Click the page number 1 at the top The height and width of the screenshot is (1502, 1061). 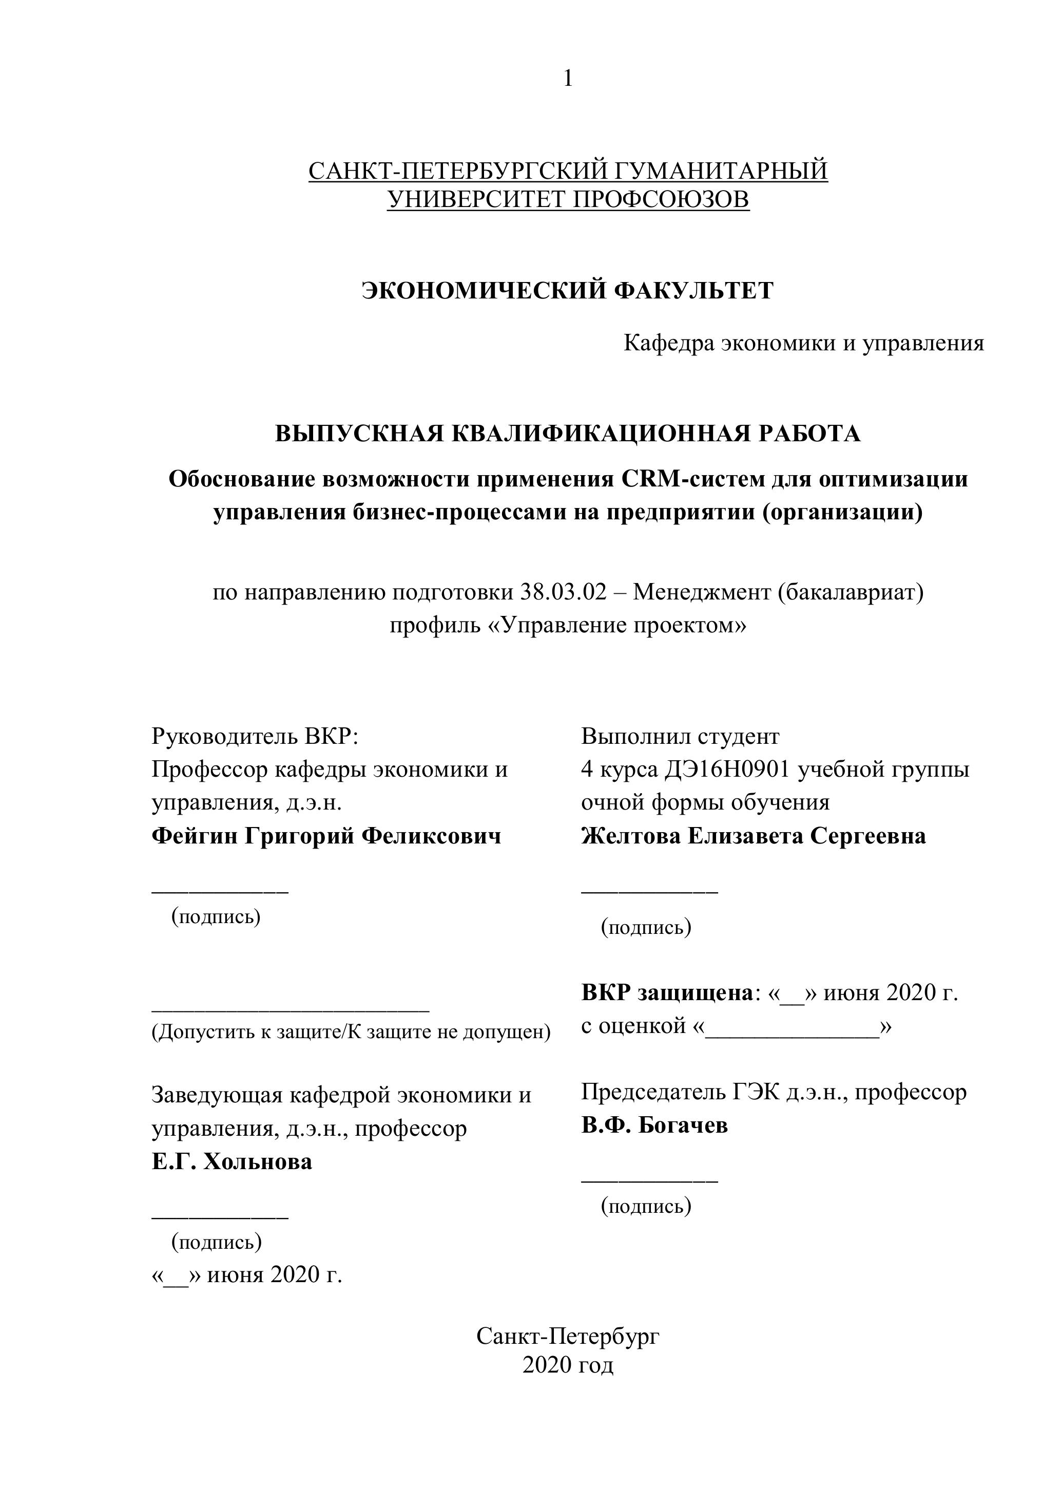pyautogui.click(x=567, y=79)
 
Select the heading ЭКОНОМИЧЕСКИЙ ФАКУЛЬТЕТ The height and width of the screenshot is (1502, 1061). pyautogui.click(x=567, y=290)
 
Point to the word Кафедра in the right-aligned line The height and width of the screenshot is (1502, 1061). pyautogui.click(x=668, y=343)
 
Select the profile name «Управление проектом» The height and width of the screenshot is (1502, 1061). pyautogui.click(x=617, y=625)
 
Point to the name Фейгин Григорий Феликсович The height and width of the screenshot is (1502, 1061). pyautogui.click(x=326, y=836)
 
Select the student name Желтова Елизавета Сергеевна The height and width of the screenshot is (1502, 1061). pyautogui.click(x=753, y=836)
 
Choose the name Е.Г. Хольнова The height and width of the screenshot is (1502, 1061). pyautogui.click(x=232, y=1162)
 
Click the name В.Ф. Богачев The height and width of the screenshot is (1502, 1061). pyautogui.click(x=654, y=1125)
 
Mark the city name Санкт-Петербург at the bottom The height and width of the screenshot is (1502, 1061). pyautogui.click(x=567, y=1336)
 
